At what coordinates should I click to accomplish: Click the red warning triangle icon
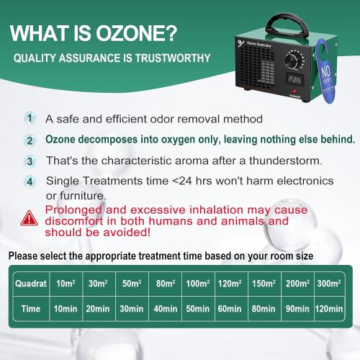point(30,216)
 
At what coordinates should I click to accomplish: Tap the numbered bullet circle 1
point(30,117)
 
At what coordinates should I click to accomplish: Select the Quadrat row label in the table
point(29,283)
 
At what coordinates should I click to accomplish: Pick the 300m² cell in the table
point(328,283)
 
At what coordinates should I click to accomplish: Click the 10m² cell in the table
point(65,283)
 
